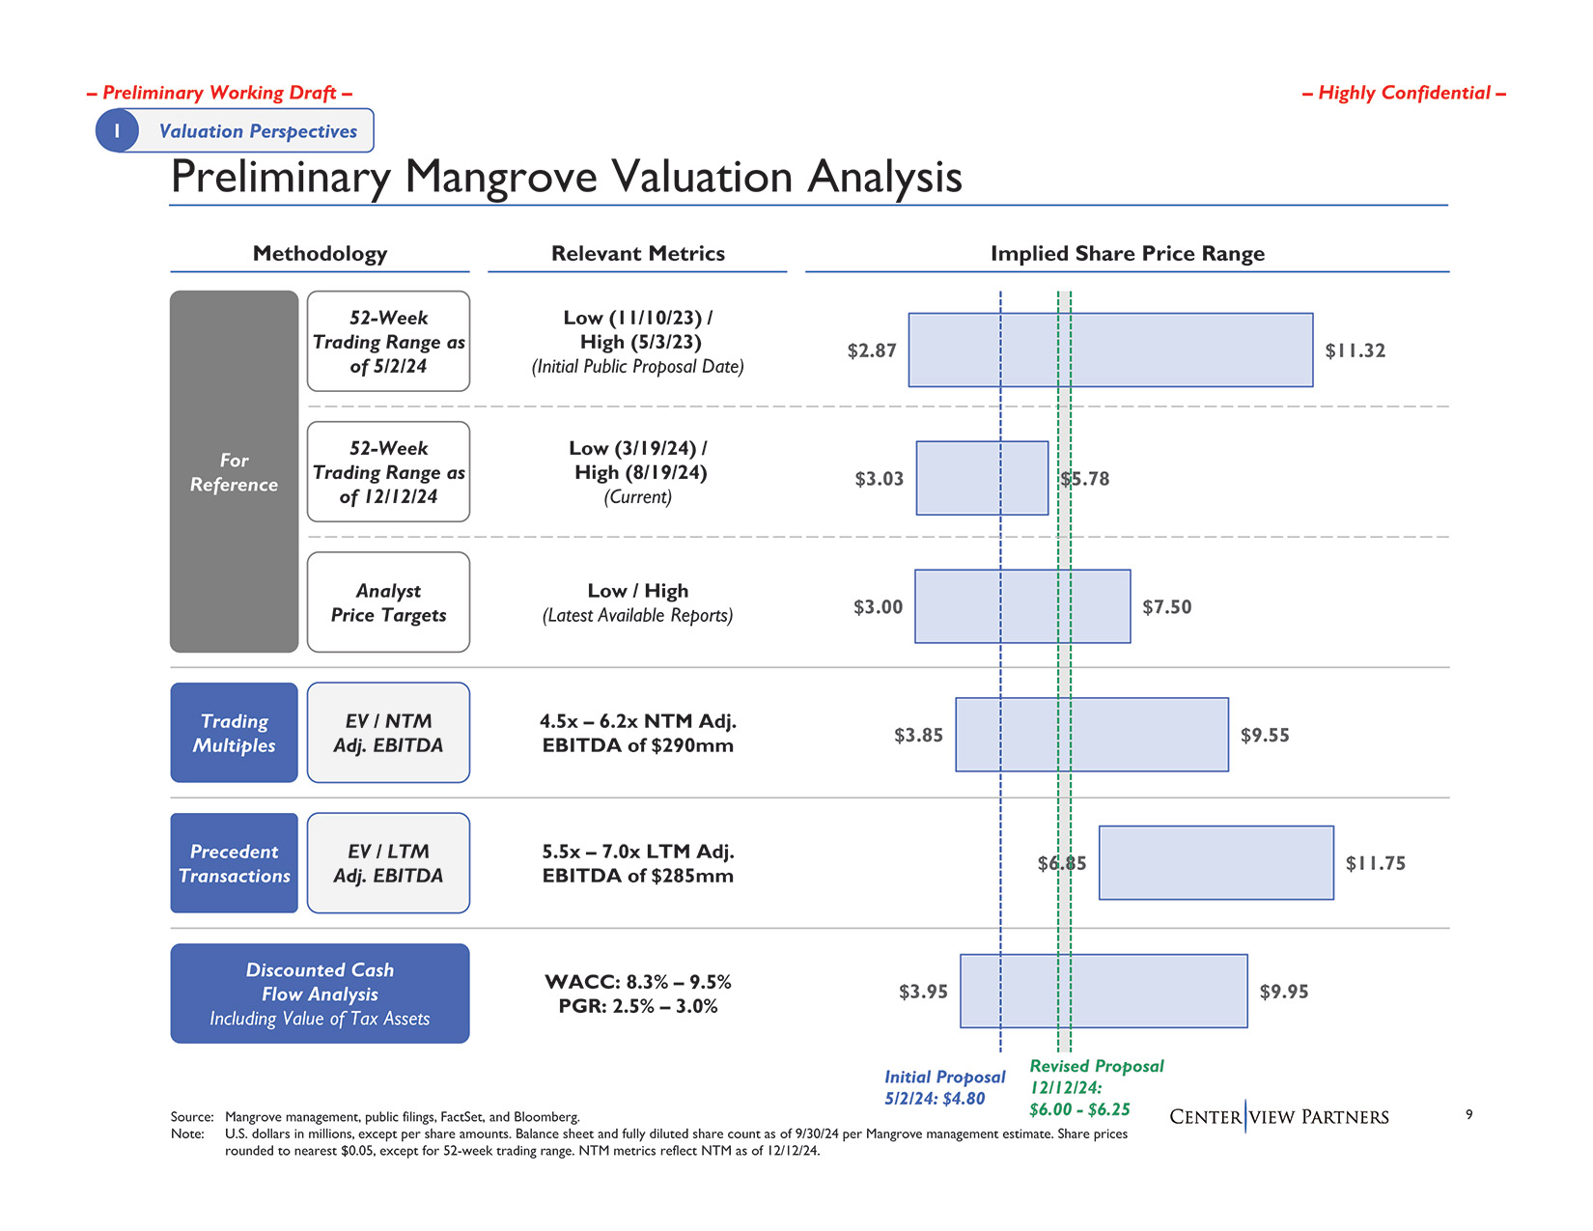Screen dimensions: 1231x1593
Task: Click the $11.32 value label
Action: click(x=1355, y=350)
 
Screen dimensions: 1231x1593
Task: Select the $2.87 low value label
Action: click(x=872, y=350)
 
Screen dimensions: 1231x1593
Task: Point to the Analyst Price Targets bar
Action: click(x=1022, y=606)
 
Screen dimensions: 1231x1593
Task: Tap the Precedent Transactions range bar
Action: click(x=1216, y=863)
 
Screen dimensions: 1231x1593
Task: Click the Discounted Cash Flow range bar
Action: click(x=1104, y=992)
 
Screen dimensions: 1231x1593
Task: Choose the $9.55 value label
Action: click(x=1265, y=736)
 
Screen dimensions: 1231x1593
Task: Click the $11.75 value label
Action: click(x=1375, y=863)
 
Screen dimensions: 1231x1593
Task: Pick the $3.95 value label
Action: click(x=923, y=992)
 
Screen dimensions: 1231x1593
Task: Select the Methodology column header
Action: click(x=320, y=254)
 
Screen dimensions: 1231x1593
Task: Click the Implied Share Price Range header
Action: click(x=1127, y=254)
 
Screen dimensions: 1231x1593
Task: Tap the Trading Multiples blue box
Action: click(x=234, y=733)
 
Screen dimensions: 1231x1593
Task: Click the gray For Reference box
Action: click(x=234, y=472)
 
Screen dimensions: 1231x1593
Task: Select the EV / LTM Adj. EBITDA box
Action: click(x=388, y=863)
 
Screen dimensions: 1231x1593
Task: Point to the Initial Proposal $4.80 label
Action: click(x=944, y=1087)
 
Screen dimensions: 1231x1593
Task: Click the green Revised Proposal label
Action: click(x=1096, y=1087)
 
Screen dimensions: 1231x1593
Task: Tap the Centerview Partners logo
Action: click(x=1278, y=1117)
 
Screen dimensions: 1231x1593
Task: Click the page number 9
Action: click(x=1468, y=1114)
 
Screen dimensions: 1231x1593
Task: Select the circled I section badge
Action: click(x=117, y=130)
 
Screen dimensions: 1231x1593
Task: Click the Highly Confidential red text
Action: click(x=1404, y=93)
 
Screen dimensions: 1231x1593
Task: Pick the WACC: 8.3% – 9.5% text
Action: click(x=637, y=982)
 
